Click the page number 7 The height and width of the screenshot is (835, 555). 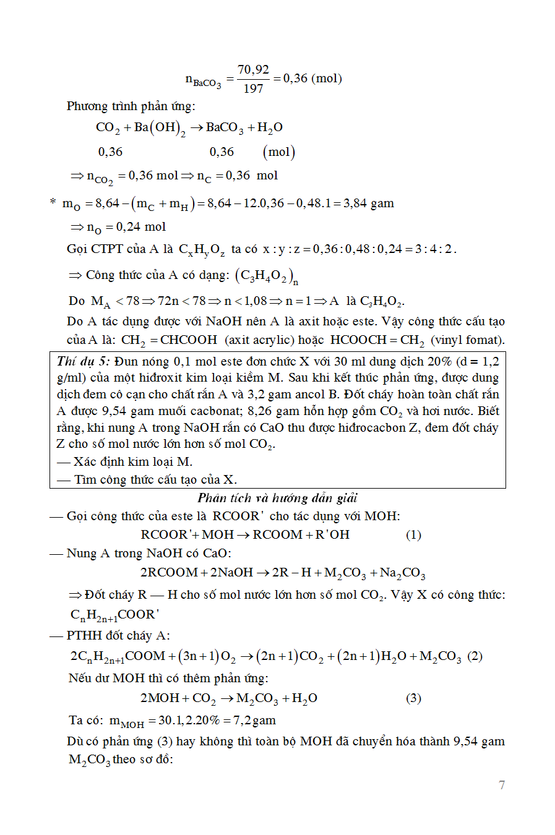(502, 785)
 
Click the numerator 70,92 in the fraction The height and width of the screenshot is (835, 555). (253, 69)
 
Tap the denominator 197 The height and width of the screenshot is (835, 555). (253, 88)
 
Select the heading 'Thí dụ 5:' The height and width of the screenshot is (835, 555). (83, 361)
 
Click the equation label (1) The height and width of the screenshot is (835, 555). (413, 534)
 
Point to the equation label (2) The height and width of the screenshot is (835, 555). (475, 656)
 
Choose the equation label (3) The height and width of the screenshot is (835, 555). (413, 698)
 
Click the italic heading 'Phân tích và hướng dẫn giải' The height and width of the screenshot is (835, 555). (277, 498)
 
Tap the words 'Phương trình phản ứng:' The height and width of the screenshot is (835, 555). (131, 106)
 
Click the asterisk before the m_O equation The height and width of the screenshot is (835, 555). (53, 202)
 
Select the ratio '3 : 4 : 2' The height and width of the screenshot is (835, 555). (434, 249)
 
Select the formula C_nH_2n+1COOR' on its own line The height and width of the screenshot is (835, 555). (114, 614)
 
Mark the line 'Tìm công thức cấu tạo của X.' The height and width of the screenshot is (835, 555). (155, 479)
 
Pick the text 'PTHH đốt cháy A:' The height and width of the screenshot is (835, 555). (118, 635)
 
